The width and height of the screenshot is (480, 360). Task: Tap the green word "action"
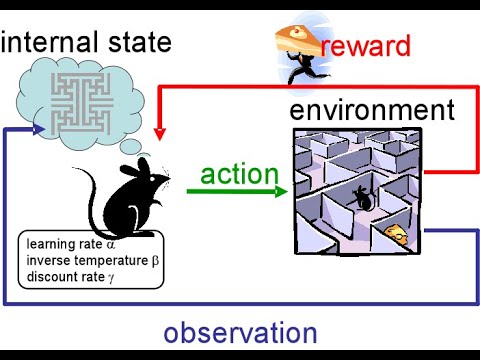[239, 174]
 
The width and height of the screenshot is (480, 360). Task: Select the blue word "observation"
[241, 333]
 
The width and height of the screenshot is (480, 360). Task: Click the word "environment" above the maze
[371, 109]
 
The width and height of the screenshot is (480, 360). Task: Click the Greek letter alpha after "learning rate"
[112, 243]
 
